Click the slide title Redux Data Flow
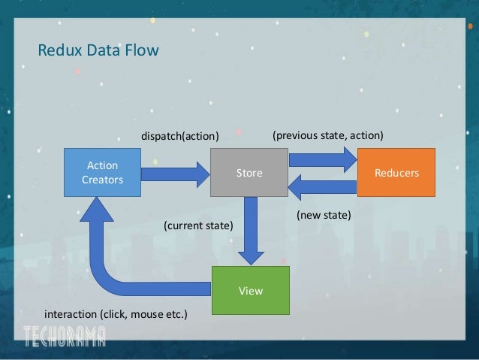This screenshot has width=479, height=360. (98, 51)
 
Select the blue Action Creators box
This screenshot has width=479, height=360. (102, 172)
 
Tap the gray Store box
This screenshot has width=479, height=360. (249, 173)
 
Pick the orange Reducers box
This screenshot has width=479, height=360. (396, 173)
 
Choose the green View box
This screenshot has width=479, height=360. (250, 290)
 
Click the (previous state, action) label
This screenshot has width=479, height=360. (328, 136)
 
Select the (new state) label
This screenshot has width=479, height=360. (324, 215)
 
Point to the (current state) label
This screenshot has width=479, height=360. (198, 225)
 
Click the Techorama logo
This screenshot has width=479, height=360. (64, 336)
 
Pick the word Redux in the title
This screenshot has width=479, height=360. (58, 51)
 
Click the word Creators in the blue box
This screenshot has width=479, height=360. (102, 180)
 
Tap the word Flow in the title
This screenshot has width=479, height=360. (143, 51)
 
